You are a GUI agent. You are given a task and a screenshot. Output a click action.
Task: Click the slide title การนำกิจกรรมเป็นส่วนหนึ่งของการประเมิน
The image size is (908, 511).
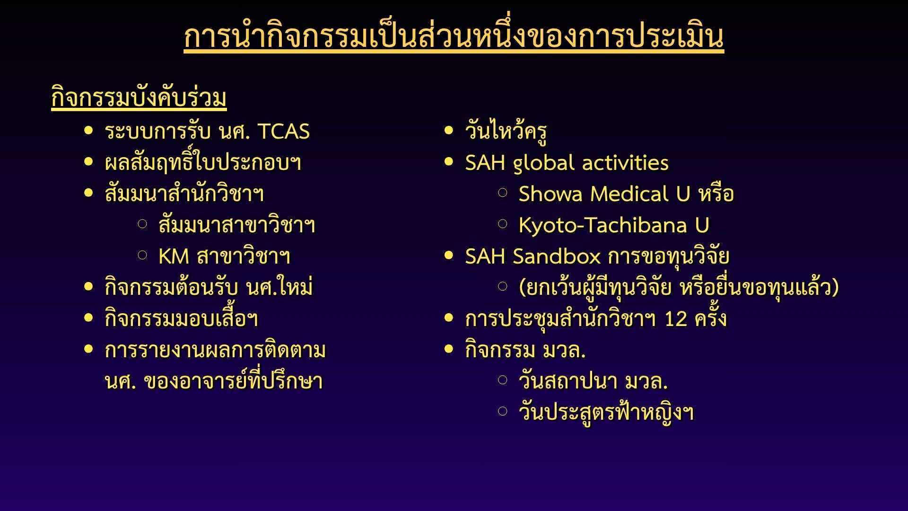pyautogui.click(x=454, y=36)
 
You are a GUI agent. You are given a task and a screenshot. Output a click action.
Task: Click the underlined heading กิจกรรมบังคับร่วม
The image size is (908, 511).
pyautogui.click(x=139, y=98)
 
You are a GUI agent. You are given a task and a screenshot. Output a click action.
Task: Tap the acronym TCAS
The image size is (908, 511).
pyautogui.click(x=284, y=132)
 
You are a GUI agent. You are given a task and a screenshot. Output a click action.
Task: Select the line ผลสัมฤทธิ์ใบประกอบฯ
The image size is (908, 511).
pyautogui.click(x=203, y=162)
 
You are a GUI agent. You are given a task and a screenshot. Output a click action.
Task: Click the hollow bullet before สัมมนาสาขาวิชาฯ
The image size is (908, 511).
pyautogui.click(x=142, y=224)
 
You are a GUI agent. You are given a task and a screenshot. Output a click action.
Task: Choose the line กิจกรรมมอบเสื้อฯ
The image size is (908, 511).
pyautogui.click(x=181, y=318)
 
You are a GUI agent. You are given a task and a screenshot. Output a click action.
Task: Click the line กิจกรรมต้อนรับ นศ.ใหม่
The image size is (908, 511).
pyautogui.click(x=209, y=287)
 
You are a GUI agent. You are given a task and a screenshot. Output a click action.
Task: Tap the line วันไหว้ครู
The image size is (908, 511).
pyautogui.click(x=506, y=131)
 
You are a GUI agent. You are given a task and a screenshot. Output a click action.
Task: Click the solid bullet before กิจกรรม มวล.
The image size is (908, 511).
pyautogui.click(x=449, y=349)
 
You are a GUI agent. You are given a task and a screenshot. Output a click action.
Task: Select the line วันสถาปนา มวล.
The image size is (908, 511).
pyautogui.click(x=593, y=381)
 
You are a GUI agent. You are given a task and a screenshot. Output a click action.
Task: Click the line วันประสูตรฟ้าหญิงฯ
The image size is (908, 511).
pyautogui.click(x=606, y=412)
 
